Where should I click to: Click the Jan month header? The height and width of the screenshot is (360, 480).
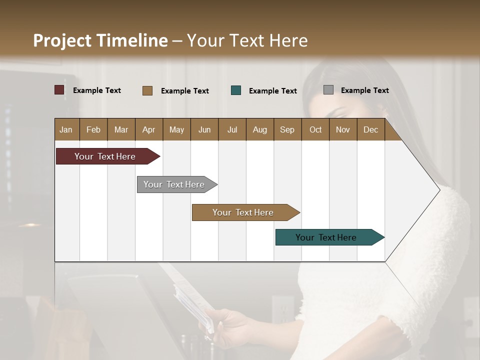pyautogui.click(x=66, y=129)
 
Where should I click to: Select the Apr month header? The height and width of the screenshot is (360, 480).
pyautogui.click(x=149, y=129)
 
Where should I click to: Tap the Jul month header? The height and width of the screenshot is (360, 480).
pyautogui.click(x=232, y=129)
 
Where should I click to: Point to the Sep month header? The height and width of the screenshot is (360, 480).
pyautogui.click(x=287, y=129)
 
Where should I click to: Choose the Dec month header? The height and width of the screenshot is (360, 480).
pyautogui.click(x=370, y=129)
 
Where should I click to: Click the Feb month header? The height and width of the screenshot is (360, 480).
pyautogui.click(x=93, y=129)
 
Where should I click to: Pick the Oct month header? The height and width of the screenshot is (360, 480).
pyautogui.click(x=315, y=129)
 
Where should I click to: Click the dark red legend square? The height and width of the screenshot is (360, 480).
pyautogui.click(x=59, y=90)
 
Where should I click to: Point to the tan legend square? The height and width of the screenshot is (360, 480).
pyautogui.click(x=147, y=90)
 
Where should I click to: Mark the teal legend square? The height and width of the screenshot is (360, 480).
pyautogui.click(x=236, y=90)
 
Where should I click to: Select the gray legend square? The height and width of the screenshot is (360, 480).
pyautogui.click(x=328, y=90)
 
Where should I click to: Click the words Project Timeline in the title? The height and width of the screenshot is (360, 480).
pyautogui.click(x=100, y=40)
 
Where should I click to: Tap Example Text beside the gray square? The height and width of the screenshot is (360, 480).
pyautogui.click(x=364, y=90)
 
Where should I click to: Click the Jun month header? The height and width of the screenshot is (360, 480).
pyautogui.click(x=204, y=129)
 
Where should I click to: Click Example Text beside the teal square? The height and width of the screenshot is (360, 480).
pyautogui.click(x=272, y=91)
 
